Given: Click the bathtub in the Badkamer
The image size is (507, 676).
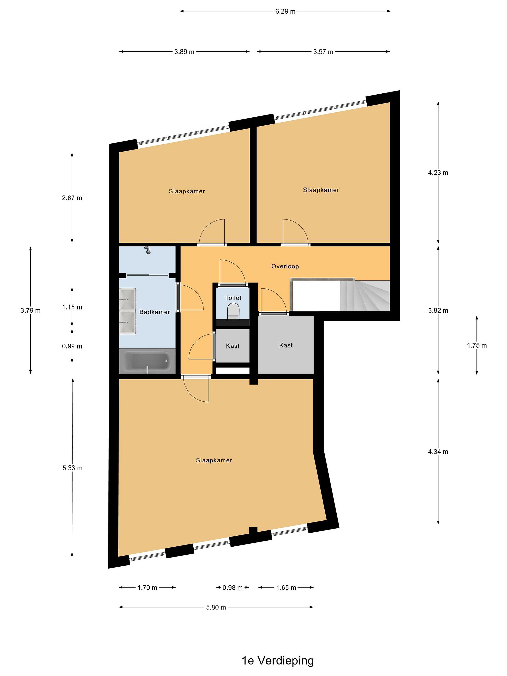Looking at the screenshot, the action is click(147, 361).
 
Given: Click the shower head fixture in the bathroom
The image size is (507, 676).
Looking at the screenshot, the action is click(148, 250).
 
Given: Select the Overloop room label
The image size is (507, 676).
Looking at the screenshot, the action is click(285, 266).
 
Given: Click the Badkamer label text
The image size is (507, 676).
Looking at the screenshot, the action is click(155, 312).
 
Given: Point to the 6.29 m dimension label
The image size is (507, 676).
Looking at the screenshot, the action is click(285, 11).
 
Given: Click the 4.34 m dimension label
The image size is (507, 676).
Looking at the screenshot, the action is click(438, 451).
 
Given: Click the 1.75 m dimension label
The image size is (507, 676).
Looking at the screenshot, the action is click(477, 345).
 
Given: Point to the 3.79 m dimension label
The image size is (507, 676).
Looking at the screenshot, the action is click(30, 311).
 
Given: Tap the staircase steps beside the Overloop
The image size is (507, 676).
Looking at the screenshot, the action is click(365, 296).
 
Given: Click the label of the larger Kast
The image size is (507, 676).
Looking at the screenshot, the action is click(286, 345).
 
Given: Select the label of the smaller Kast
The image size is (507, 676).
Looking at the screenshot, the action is click(233, 346).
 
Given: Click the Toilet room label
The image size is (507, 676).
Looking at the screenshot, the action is click(234, 298).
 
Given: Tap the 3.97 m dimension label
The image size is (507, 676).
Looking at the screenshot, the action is click(323, 52).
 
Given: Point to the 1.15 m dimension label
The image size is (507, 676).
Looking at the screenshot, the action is click(72, 307).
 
